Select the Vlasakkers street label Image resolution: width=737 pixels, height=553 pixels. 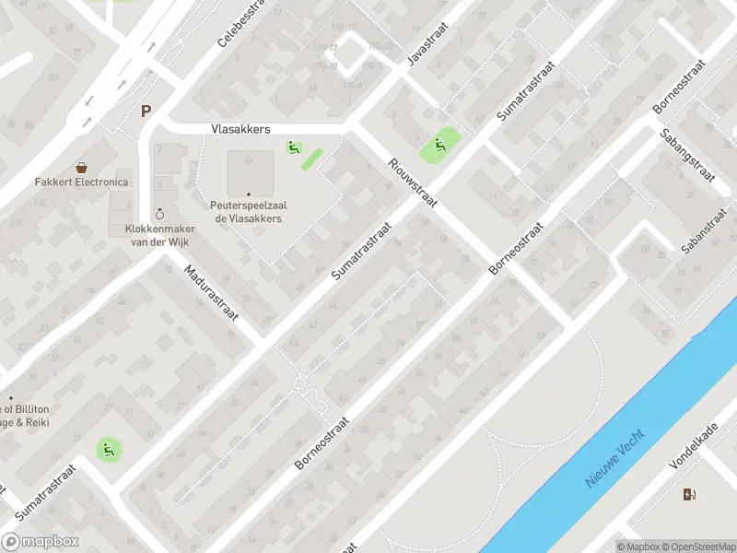tap(240, 130)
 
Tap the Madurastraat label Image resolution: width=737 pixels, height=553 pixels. tap(212, 293)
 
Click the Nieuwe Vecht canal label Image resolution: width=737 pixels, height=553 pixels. tap(615, 458)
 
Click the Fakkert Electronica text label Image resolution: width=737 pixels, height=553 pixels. tap(82, 182)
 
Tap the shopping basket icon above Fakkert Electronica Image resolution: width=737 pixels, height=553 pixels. tap(82, 168)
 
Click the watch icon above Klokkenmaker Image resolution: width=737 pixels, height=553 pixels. tap(161, 213)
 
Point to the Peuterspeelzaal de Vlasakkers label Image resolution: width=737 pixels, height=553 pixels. tap(249, 212)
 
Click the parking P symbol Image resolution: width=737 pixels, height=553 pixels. tap(145, 112)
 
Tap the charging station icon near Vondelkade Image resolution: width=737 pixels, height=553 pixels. tap(689, 495)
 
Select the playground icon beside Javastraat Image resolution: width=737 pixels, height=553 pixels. tap(439, 143)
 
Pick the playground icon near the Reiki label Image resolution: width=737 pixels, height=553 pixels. tap(108, 450)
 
